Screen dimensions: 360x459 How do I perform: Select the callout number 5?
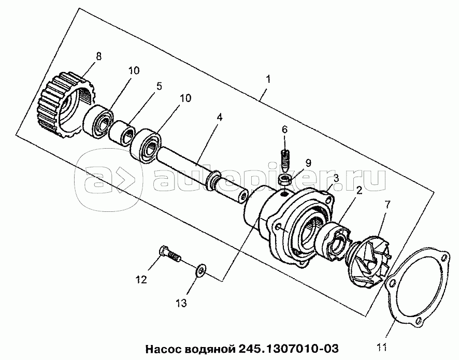[x=159, y=86]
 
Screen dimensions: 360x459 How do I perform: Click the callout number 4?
[x=220, y=117]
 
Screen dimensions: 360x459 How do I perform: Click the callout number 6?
[x=284, y=129]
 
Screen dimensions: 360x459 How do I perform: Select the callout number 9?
[x=308, y=162]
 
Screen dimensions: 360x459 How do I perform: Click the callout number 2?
[x=357, y=191]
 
